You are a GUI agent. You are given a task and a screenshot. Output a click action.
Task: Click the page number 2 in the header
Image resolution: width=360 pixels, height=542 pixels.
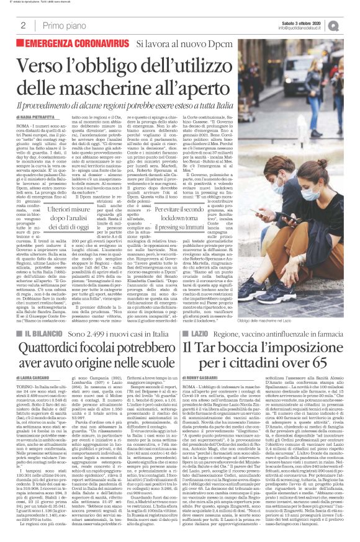tap(23, 25)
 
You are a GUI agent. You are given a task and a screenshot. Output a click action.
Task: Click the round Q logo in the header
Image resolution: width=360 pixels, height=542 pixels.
tap(351, 25)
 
